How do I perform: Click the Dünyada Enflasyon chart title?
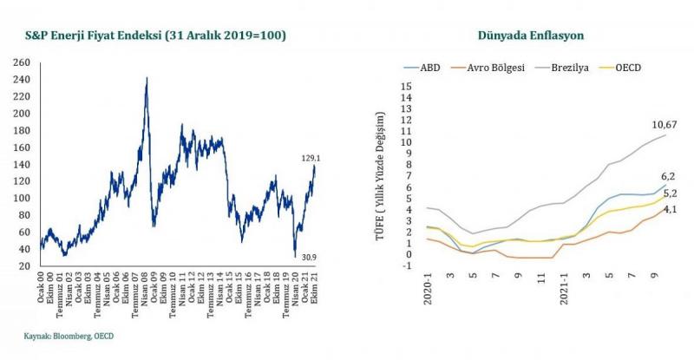click(531, 36)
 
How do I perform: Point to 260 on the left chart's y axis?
click(23, 62)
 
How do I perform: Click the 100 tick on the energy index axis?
click(23, 198)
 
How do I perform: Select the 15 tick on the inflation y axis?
click(404, 87)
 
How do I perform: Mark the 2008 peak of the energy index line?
click(147, 78)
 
